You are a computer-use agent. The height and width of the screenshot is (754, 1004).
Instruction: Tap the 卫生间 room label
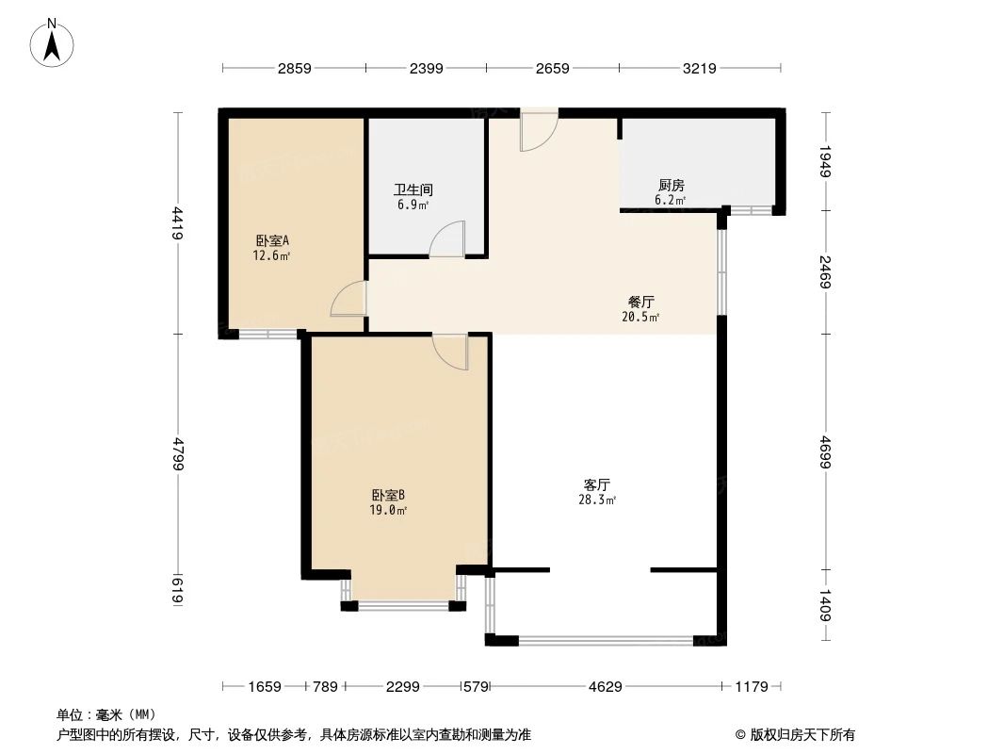413,189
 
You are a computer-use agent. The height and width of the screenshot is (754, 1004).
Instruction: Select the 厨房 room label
671,186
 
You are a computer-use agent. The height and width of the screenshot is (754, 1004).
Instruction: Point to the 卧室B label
387,495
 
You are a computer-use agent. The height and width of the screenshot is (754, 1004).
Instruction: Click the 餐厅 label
641,302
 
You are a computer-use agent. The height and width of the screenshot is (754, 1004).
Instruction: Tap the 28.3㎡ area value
597,500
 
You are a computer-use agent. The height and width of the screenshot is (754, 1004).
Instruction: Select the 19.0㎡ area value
387,510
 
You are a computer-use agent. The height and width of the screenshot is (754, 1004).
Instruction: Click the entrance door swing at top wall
539,132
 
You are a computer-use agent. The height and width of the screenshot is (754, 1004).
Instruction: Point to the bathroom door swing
448,239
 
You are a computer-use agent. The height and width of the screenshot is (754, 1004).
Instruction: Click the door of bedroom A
348,301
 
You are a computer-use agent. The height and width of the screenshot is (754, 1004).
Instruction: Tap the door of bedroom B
450,351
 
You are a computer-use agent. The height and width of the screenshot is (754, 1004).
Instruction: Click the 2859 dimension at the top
294,68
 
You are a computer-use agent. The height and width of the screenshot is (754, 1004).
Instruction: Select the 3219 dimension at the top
700,68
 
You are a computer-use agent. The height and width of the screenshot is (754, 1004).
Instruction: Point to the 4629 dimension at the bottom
605,687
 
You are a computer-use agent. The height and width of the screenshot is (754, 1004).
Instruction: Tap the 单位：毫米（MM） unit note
106,714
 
